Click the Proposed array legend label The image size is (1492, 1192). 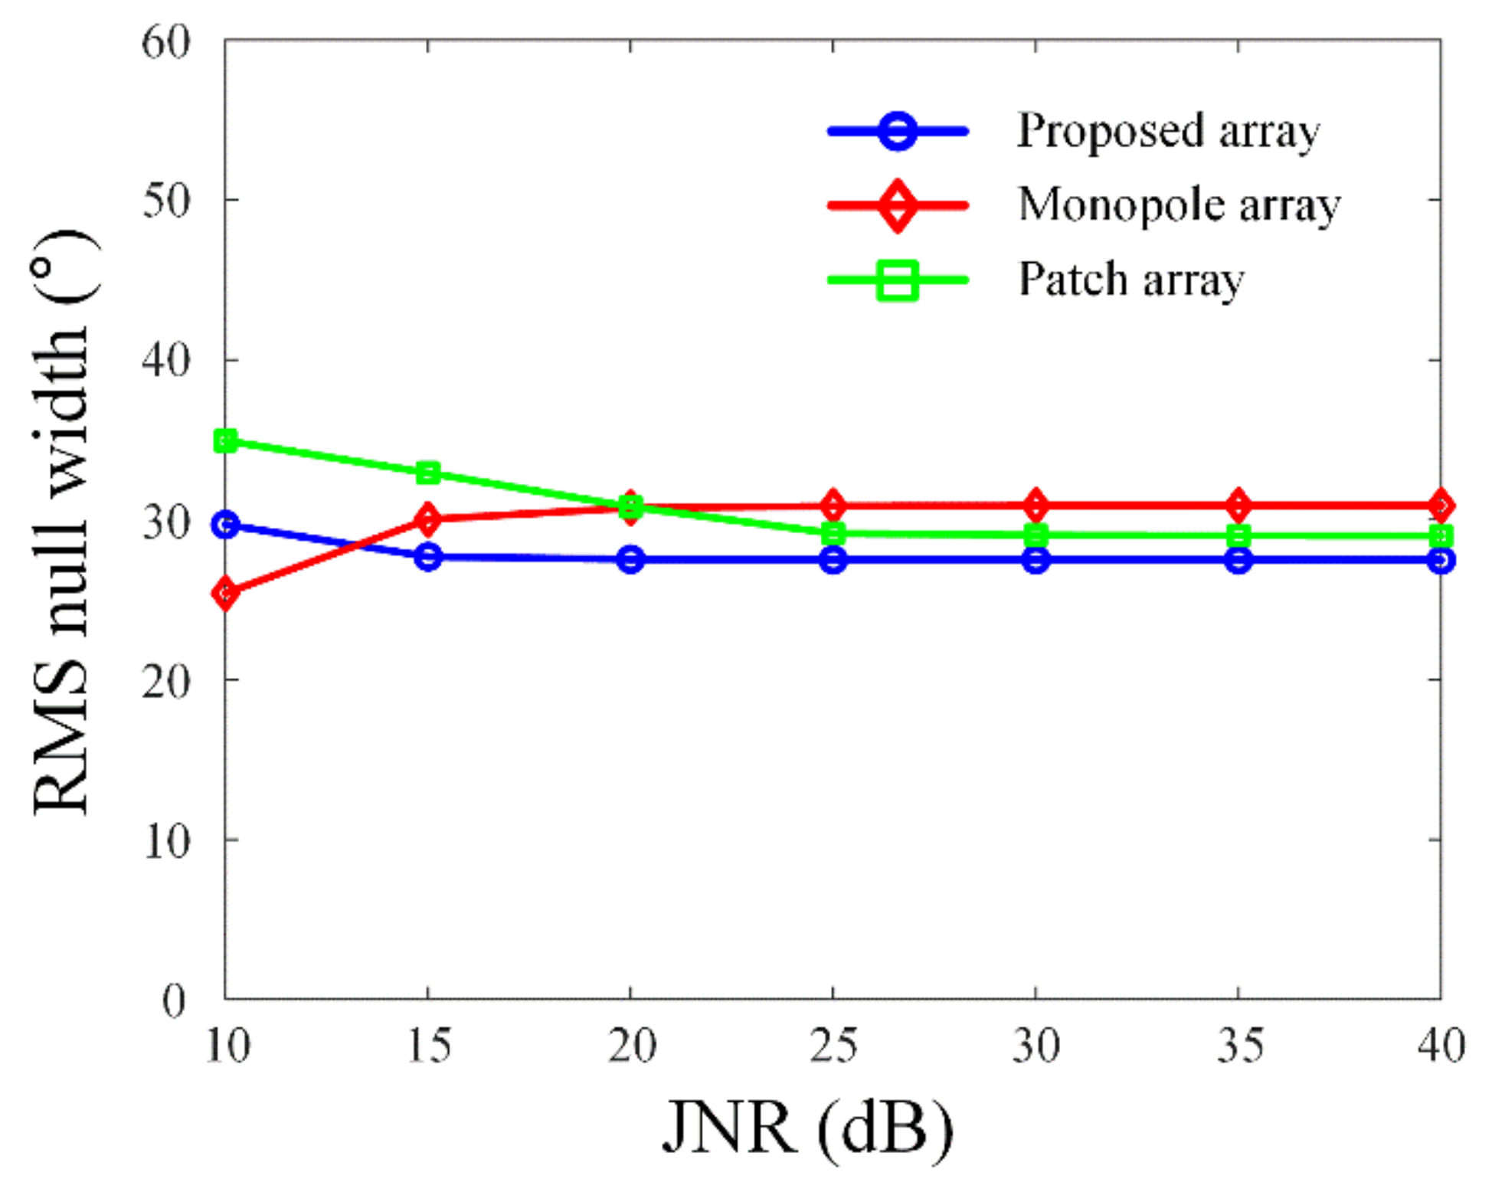(x=1168, y=131)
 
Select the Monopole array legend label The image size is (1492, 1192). (x=1179, y=205)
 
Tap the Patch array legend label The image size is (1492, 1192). (x=1130, y=280)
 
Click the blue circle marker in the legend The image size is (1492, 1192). (x=898, y=131)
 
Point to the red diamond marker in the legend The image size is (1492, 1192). (x=898, y=205)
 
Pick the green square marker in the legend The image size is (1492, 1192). (x=898, y=280)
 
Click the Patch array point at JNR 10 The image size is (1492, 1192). (x=226, y=441)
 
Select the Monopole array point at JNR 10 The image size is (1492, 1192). (x=226, y=592)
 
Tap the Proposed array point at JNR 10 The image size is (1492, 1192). (x=226, y=526)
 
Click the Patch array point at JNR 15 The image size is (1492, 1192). (x=428, y=473)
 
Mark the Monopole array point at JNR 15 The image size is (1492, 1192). (x=428, y=520)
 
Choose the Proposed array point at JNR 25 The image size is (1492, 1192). (x=833, y=560)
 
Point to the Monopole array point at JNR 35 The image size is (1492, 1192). (x=1238, y=506)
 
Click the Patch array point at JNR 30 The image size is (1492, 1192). (x=1036, y=535)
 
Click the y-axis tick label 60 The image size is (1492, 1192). (x=165, y=42)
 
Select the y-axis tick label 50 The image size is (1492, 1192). (x=165, y=201)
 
